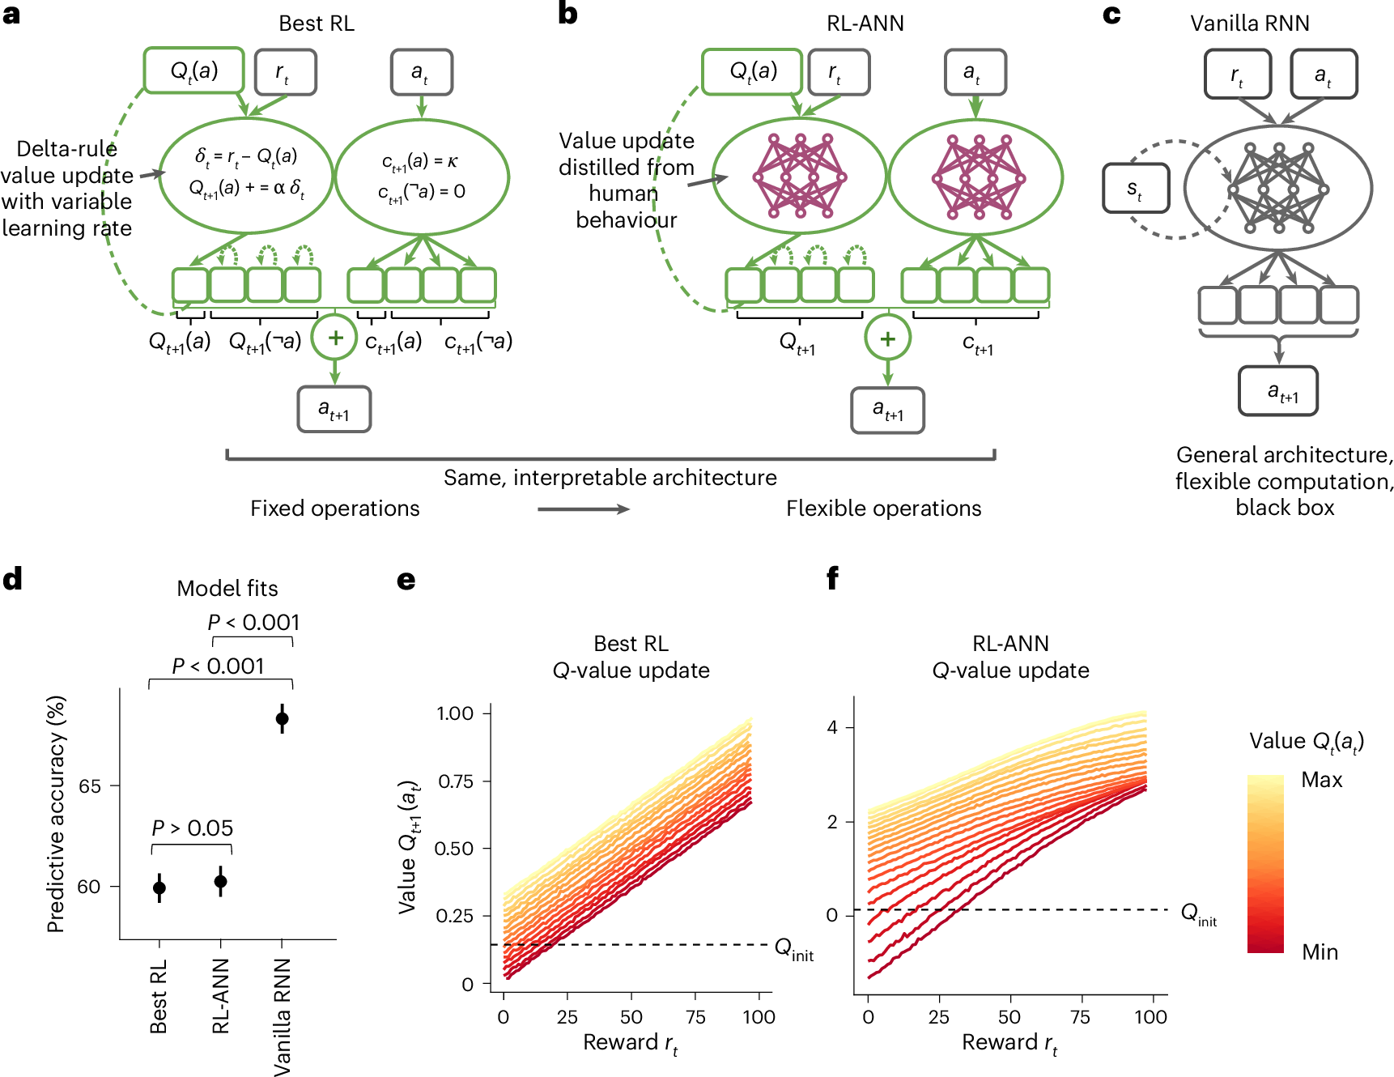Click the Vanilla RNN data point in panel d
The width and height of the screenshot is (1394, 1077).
pos(282,718)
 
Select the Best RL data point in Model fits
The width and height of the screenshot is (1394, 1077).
pos(159,888)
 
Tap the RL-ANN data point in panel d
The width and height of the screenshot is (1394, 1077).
pos(220,882)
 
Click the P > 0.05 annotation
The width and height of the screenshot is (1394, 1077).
pos(193,828)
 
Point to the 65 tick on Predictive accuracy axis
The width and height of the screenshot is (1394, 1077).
pos(90,786)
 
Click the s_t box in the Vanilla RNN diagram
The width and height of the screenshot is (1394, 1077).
pos(1136,189)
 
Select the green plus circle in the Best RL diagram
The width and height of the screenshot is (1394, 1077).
pos(335,338)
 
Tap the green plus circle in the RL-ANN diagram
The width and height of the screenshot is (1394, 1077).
pos(887,338)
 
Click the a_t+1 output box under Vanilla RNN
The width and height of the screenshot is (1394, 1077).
pos(1278,392)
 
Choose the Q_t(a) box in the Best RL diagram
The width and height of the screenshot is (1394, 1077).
pos(194,70)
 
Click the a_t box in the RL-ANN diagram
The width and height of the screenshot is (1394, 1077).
pos(975,72)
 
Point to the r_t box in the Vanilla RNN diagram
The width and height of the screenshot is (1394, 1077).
pos(1237,74)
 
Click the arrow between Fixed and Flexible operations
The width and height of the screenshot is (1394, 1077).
pos(584,509)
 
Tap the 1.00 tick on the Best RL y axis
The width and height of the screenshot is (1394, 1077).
pos(455,713)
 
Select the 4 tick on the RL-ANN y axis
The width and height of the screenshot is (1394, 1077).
pos(833,727)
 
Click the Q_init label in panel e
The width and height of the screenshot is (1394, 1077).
pos(793,948)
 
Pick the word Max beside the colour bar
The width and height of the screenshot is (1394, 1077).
pos(1321,780)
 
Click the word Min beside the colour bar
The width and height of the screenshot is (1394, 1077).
pos(1320,952)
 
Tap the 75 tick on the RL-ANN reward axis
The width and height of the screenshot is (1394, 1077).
pos(1080,1017)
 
